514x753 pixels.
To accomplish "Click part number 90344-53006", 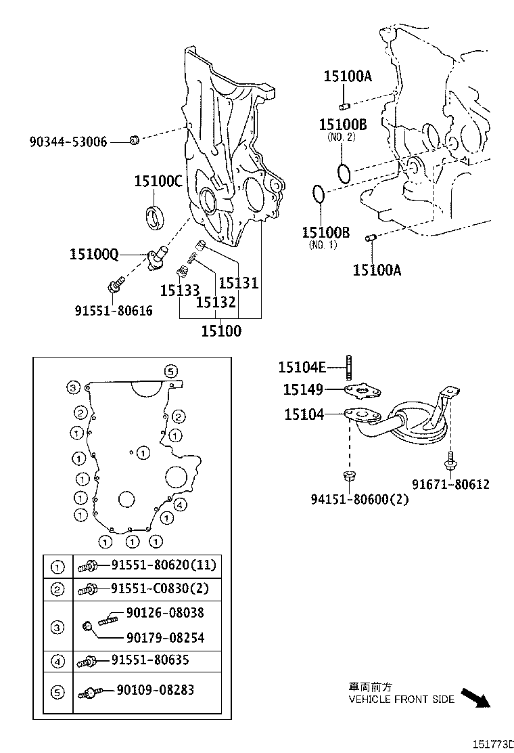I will click(x=68, y=142).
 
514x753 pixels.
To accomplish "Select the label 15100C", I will click(x=158, y=181).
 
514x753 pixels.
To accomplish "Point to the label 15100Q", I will click(x=94, y=254).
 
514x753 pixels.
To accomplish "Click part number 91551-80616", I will click(x=114, y=310).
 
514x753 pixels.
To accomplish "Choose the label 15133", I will click(x=179, y=291).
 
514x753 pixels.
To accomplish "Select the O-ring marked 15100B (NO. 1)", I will click(x=319, y=194).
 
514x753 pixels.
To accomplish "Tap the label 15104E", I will click(x=302, y=367).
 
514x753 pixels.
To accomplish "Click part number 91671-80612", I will click(x=450, y=484).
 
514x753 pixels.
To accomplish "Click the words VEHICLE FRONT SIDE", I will click(x=401, y=699).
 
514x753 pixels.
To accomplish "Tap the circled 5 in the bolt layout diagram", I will click(x=170, y=370).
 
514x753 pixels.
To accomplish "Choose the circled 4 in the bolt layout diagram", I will click(x=180, y=504).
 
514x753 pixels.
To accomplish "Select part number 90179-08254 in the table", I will click(x=164, y=637).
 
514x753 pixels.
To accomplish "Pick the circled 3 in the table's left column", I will click(x=58, y=628).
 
